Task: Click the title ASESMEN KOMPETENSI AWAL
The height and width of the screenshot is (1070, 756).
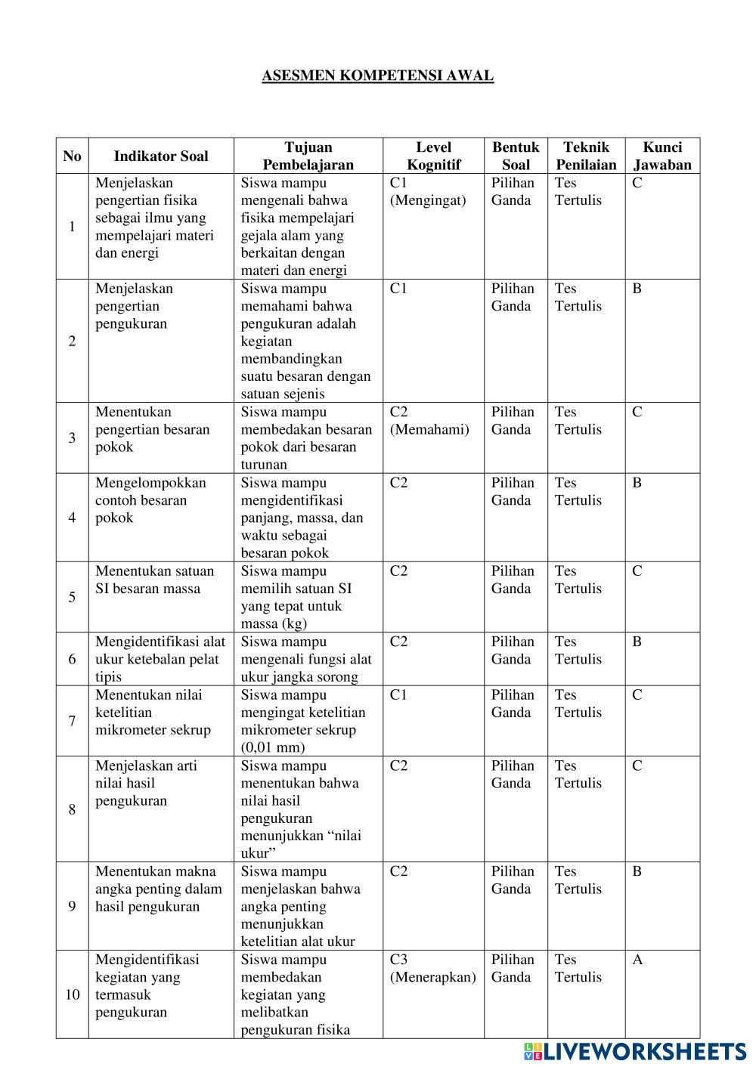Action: [x=377, y=76]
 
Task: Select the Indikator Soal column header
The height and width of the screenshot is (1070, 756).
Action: [x=160, y=156]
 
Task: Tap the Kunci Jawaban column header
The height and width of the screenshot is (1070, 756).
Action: [x=662, y=156]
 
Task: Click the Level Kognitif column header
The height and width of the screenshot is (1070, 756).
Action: [x=433, y=156]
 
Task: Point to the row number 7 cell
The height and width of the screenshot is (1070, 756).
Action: [x=72, y=721]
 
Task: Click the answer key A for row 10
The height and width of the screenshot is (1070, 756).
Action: [x=637, y=960]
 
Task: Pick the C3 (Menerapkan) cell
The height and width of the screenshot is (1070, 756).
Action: [x=432, y=968]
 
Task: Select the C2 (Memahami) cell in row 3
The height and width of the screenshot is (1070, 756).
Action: [x=429, y=421]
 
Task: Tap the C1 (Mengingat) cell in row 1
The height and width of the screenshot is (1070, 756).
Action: [x=427, y=191]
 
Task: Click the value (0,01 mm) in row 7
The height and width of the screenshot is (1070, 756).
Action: [x=273, y=747]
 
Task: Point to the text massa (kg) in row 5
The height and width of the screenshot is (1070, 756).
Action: [x=274, y=623]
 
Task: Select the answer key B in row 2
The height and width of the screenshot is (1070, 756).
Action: [x=637, y=289]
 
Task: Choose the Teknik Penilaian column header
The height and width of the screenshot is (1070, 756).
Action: [x=586, y=156]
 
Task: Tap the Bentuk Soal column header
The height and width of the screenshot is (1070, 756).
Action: [x=516, y=156]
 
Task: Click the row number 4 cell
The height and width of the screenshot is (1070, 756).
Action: [x=72, y=518]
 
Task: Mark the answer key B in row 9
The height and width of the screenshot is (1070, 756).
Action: [x=637, y=871]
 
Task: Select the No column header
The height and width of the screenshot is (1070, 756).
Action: [x=72, y=156]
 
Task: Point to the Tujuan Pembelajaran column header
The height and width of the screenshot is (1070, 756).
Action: [x=308, y=156]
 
